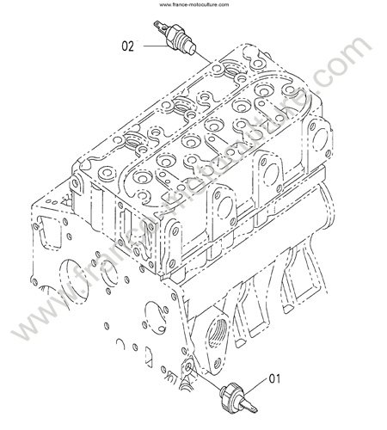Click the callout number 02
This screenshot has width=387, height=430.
[x=128, y=46]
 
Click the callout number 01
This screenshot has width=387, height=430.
[x=274, y=379]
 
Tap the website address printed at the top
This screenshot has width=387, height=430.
[x=194, y=4]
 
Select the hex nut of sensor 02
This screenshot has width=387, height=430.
[x=175, y=33]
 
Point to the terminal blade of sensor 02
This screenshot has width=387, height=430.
[x=159, y=26]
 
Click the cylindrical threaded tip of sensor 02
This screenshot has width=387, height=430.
[x=189, y=48]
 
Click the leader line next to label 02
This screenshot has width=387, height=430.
[x=155, y=46]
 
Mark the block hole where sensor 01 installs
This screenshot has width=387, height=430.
[x=188, y=369]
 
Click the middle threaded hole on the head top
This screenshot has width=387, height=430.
[x=181, y=106]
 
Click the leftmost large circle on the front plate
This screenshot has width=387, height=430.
[x=74, y=282]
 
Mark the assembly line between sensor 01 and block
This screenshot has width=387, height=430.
[x=206, y=379]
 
